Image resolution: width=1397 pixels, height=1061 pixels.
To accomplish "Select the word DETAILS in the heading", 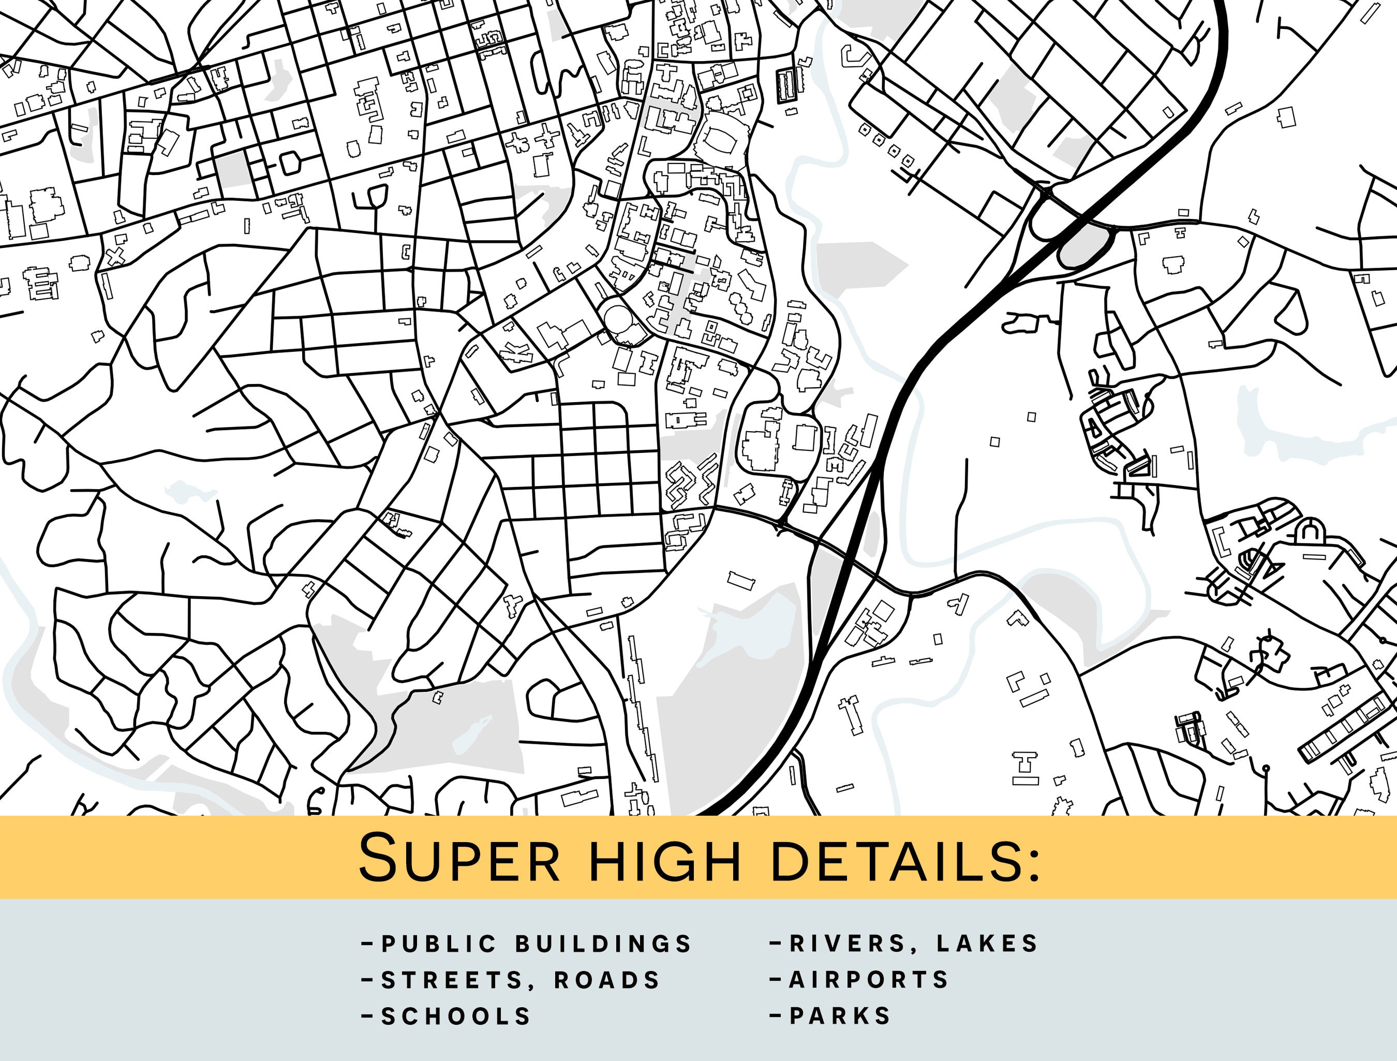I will tap(893, 858).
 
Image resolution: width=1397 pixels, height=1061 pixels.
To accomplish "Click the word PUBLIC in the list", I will tap(439, 944).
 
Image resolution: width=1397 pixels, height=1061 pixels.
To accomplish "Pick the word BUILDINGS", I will tap(604, 944).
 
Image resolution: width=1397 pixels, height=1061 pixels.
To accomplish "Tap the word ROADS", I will tap(607, 980).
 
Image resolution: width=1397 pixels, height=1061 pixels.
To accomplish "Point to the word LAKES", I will tap(988, 944).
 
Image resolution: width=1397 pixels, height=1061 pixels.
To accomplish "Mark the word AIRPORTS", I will tap(869, 979).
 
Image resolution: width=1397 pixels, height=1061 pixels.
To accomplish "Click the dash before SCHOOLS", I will tap(366, 1016).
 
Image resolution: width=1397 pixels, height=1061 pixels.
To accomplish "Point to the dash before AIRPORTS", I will tap(775, 979).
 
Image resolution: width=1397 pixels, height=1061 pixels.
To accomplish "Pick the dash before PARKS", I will tap(775, 1016).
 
